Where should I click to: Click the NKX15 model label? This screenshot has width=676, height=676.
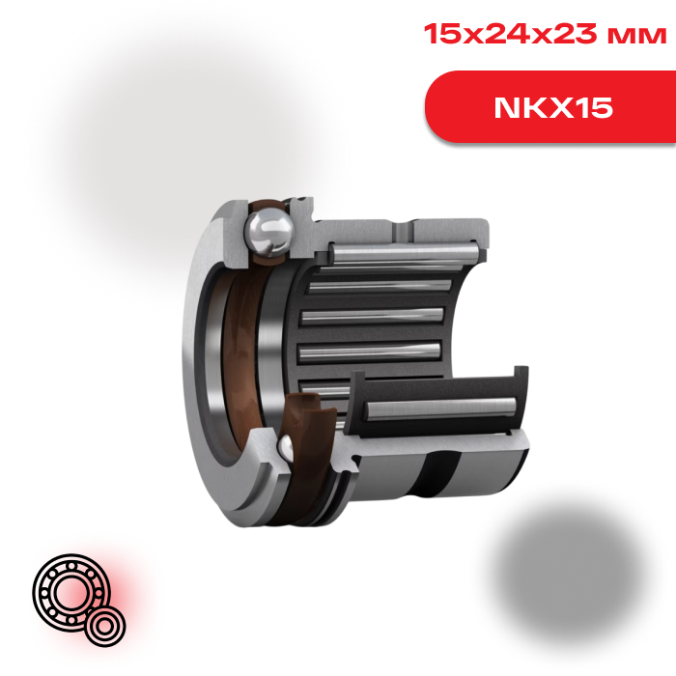click(553, 107)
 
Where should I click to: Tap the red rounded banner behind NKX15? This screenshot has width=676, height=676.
click(550, 106)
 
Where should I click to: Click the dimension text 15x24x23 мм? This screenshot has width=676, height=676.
click(546, 34)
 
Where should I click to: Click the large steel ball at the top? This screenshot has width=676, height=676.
click(268, 233)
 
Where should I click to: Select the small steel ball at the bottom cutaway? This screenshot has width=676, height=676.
click(285, 448)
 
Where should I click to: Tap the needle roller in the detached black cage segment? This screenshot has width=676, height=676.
click(440, 408)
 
